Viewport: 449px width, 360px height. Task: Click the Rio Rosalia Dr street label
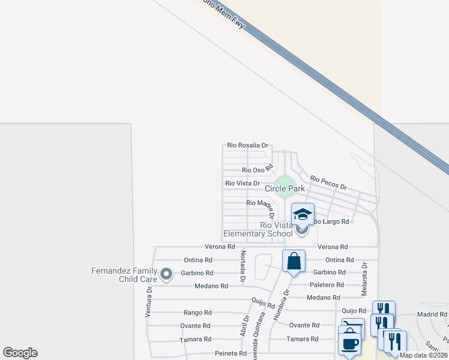pos(247,145)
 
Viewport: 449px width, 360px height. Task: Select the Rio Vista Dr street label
pos(243,183)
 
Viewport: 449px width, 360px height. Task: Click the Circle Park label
pos(285,188)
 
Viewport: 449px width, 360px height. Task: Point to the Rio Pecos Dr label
pos(328,183)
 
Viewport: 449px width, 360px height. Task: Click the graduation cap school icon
pos(303,214)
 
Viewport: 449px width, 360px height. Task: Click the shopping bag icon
pos(294,261)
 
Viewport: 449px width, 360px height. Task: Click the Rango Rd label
pos(197,313)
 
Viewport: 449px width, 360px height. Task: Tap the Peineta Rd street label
pos(227,353)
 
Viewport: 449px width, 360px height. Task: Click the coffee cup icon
pos(349,344)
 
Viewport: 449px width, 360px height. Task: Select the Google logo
pos(20,353)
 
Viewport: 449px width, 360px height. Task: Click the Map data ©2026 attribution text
pos(424,355)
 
